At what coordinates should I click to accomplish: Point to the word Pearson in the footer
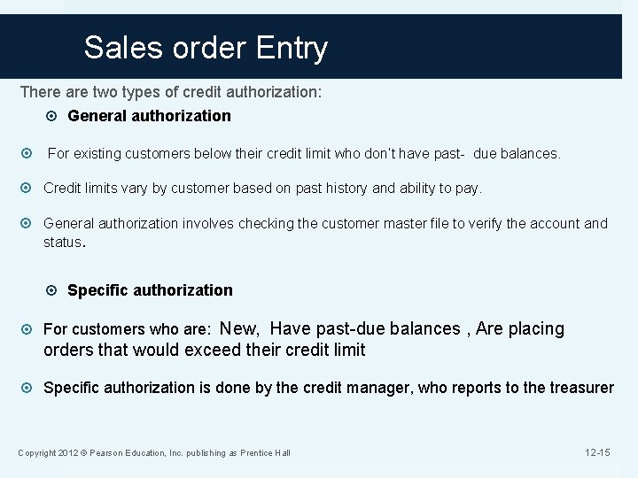tap(116, 454)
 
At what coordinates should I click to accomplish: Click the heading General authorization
tap(149, 115)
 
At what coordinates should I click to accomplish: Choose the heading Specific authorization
tap(150, 289)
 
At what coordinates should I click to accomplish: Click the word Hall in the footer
tap(282, 454)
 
